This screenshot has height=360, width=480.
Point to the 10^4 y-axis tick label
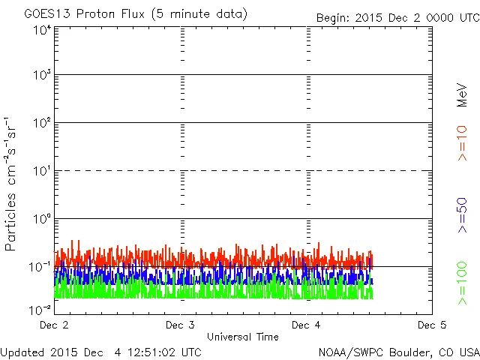[x=42, y=30]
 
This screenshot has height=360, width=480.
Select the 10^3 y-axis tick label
[x=42, y=76]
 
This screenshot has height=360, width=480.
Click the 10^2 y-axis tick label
[x=42, y=124]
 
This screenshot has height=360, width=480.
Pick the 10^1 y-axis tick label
[x=42, y=172]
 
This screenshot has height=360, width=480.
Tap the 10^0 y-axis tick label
[x=42, y=220]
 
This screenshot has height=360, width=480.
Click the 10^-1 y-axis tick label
[x=40, y=268]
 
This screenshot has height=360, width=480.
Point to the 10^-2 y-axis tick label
[x=40, y=310]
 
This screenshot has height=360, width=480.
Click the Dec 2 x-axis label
[x=54, y=325]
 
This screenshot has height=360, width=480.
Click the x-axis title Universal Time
[x=243, y=337]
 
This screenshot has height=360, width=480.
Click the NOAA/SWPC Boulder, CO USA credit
[x=398, y=351]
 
